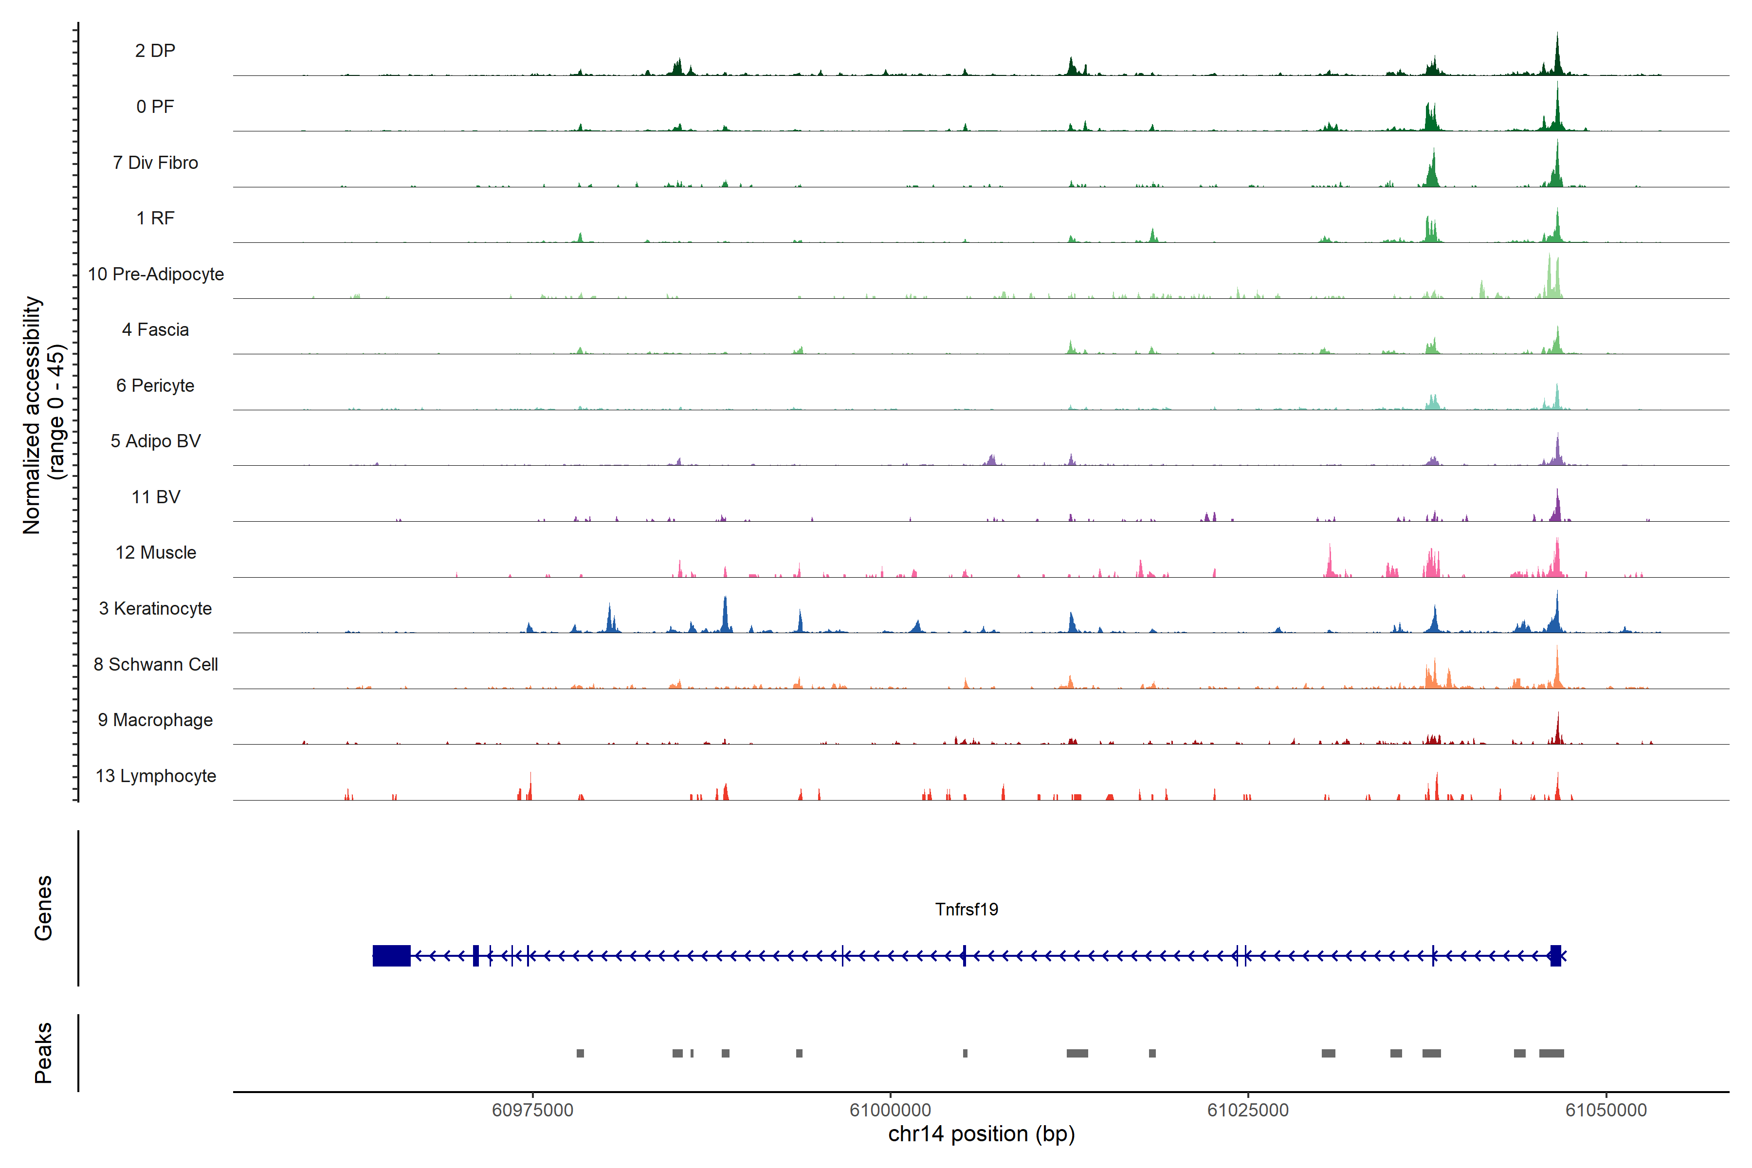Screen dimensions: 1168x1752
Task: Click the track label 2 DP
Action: (x=155, y=51)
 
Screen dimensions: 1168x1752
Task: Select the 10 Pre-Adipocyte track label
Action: (x=156, y=274)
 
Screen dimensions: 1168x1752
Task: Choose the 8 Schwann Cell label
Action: (x=156, y=664)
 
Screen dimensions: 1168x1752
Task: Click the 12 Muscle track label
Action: (x=156, y=553)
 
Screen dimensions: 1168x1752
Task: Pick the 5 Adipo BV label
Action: (x=156, y=441)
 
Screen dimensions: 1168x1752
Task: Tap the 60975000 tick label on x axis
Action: (x=532, y=1110)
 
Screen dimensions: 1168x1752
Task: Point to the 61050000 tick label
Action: (x=1606, y=1110)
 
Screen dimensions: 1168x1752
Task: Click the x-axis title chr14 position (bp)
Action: (x=981, y=1134)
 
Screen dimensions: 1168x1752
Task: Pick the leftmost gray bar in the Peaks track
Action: (x=580, y=1053)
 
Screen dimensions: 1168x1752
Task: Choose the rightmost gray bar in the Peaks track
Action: (x=1551, y=1053)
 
